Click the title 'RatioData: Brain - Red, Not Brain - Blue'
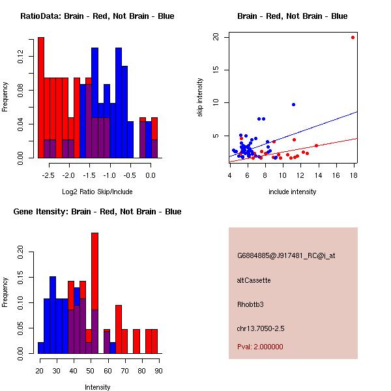(97, 16)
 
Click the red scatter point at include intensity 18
(353, 37)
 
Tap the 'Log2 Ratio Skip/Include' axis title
(97, 192)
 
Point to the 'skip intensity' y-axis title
(200, 98)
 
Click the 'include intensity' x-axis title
(293, 192)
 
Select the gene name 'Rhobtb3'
(251, 304)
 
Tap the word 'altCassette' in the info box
(254, 280)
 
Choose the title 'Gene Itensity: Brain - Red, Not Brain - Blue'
(97, 212)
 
